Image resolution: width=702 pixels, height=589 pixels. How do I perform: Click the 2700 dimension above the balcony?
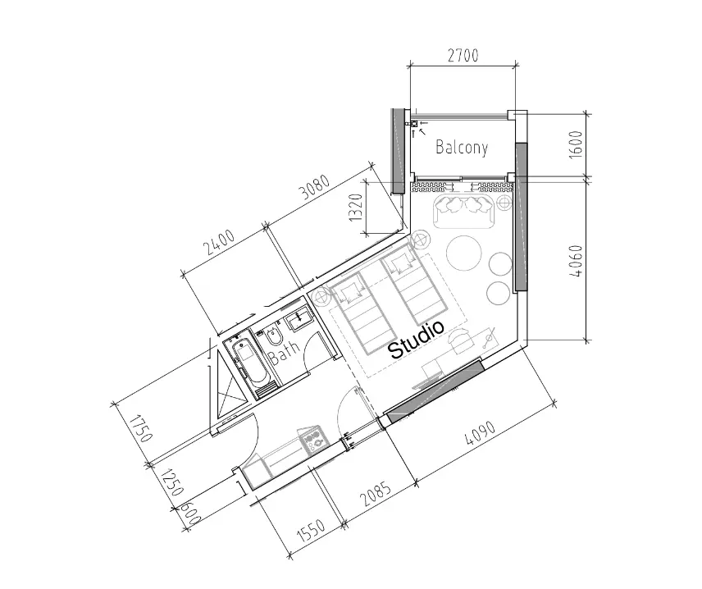coord(463,55)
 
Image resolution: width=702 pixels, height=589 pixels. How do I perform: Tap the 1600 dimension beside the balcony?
coord(577,144)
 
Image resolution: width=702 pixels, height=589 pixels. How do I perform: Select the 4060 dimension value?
coord(577,261)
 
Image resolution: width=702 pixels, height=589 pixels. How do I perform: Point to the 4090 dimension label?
coord(480,434)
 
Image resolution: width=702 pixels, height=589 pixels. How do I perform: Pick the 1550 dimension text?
coord(310,530)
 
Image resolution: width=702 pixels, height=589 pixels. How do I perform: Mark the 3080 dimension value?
coord(315,186)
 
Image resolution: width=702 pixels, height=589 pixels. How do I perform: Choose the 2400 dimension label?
coord(219,242)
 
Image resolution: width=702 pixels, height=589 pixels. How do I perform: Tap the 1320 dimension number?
coord(355,208)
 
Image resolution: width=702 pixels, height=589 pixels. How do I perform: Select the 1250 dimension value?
coord(172,482)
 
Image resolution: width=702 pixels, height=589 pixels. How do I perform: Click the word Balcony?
coord(462,147)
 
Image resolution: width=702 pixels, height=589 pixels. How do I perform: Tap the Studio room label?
coord(417,340)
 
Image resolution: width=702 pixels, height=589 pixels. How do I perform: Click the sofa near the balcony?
coord(463,210)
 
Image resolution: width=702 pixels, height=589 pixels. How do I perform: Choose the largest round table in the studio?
coord(464,253)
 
